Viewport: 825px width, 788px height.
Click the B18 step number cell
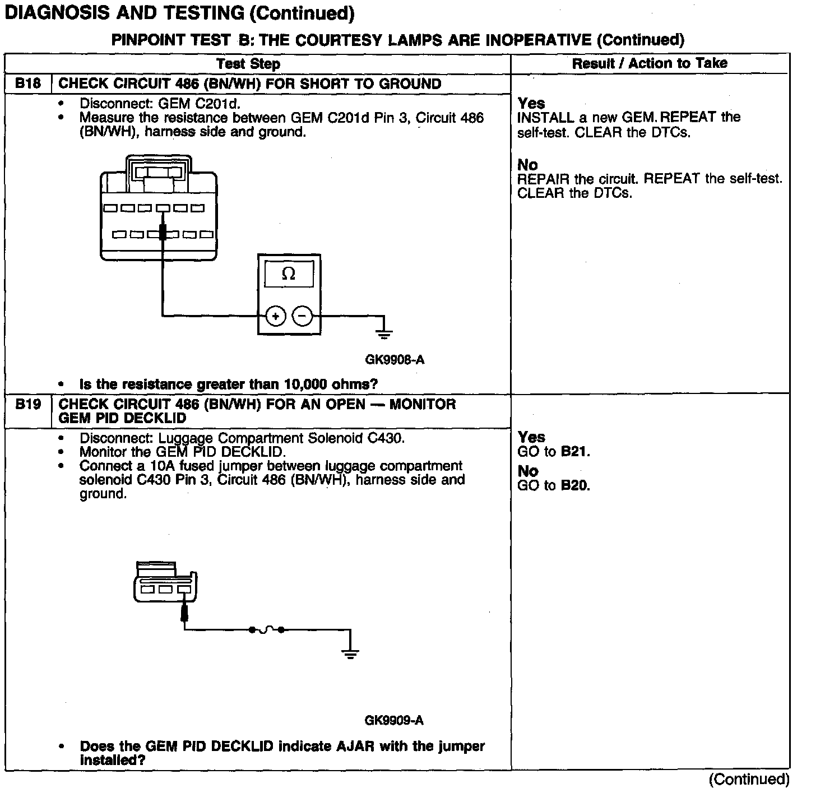point(28,84)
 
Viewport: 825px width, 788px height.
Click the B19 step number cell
point(28,404)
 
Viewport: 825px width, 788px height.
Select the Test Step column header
point(248,64)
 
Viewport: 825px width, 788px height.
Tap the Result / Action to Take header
point(650,63)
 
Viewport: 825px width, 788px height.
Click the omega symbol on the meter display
point(289,274)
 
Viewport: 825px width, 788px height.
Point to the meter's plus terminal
point(275,317)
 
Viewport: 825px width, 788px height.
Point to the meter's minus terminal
point(303,317)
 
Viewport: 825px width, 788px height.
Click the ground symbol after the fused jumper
point(350,652)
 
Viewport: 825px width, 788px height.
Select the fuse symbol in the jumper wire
point(266,630)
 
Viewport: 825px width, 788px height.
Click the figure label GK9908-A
point(395,360)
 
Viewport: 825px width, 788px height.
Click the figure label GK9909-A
point(394,721)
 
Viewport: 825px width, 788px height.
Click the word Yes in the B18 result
point(531,103)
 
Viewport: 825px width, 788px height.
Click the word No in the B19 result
point(527,471)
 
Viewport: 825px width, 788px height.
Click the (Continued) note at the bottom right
point(749,779)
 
